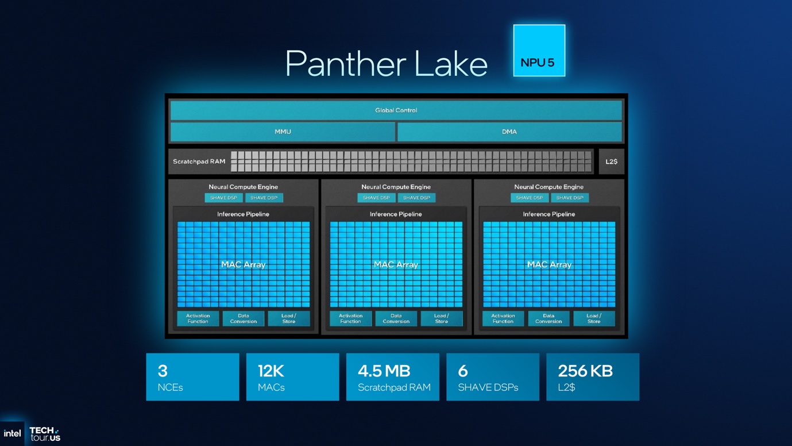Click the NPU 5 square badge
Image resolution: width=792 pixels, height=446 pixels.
[539, 51]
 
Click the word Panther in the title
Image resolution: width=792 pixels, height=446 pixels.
[345, 64]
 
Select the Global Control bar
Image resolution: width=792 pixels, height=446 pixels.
[396, 110]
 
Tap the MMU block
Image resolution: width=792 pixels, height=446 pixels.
[283, 132]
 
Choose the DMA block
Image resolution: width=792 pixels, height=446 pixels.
[509, 132]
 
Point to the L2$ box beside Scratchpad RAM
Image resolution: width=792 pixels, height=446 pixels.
[611, 162]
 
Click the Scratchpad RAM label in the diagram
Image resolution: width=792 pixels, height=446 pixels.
[199, 162]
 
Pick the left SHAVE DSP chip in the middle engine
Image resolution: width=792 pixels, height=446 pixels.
[377, 198]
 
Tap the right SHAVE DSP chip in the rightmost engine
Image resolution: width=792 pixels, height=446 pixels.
[570, 198]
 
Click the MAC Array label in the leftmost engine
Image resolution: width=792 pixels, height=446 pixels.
[244, 264]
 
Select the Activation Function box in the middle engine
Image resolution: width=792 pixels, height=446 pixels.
[350, 318]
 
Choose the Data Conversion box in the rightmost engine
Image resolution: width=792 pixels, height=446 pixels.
[548, 318]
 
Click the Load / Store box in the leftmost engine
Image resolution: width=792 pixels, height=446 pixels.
[289, 318]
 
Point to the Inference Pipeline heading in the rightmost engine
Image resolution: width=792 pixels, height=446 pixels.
[548, 214]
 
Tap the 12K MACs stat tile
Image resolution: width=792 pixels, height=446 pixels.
[293, 377]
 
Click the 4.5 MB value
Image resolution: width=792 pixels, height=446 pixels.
[384, 371]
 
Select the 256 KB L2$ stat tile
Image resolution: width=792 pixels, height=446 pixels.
[593, 377]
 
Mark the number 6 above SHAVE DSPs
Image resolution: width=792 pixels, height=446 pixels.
[463, 371]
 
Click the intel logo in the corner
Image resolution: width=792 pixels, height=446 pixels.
[12, 433]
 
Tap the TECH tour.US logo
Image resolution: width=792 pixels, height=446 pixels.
[45, 434]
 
